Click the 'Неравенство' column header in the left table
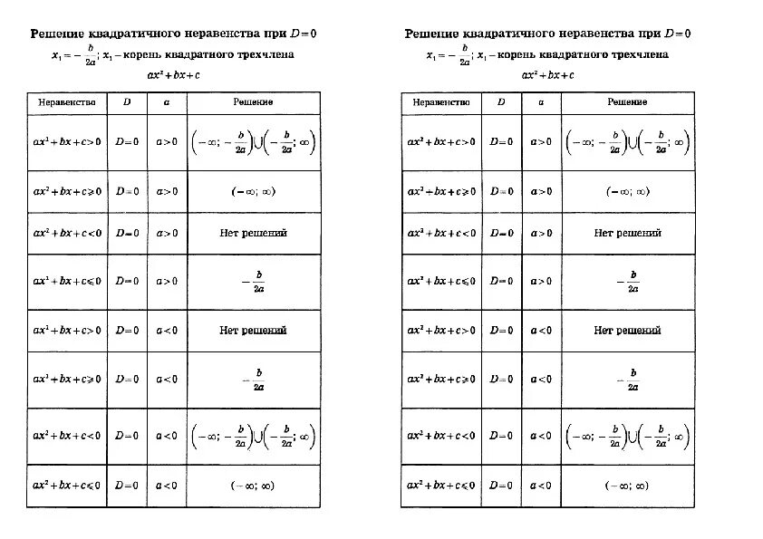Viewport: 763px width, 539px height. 67,103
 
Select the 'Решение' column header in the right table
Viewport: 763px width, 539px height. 627,103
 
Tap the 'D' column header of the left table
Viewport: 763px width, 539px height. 127,103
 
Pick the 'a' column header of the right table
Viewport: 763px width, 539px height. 541,103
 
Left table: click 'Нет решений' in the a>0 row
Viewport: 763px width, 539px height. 253,233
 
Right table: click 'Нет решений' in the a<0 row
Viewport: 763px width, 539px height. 627,331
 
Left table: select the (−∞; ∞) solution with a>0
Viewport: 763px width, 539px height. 253,191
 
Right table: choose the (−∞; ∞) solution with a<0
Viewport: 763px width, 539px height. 627,486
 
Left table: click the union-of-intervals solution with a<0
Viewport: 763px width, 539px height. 253,437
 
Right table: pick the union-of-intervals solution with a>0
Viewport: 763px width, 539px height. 627,142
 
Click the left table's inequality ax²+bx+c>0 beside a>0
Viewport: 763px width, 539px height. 67,142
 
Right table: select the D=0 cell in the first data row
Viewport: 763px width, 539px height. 501,142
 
